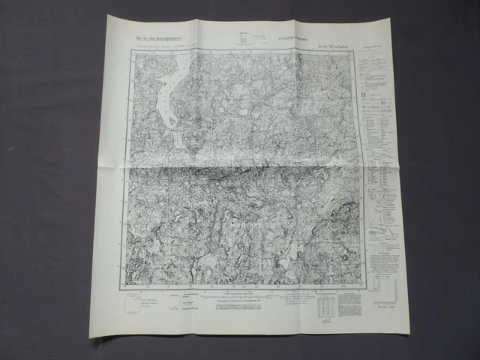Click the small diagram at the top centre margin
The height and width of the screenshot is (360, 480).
241,39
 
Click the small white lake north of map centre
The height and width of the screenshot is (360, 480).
244,113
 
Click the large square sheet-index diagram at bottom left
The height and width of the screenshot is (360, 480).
133,304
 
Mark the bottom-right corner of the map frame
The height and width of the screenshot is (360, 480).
365,289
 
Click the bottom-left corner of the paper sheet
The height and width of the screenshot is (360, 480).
91,337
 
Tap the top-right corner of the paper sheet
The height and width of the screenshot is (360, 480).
391,19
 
